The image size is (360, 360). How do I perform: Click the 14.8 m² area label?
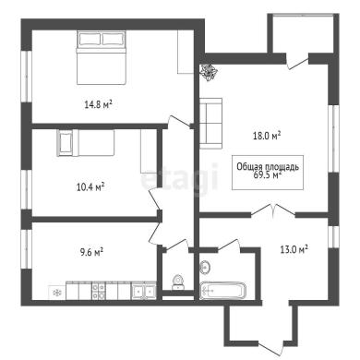tap(98, 105)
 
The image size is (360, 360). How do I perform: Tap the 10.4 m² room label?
tap(90, 186)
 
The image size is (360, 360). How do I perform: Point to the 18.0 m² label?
tap(267, 136)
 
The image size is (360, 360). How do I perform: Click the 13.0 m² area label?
tap(294, 249)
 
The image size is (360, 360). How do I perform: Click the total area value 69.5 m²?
tap(268, 175)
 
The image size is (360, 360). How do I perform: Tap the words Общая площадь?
tap(268, 167)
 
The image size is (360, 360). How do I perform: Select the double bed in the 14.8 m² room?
tap(102, 57)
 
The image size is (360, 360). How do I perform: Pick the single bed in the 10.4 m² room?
tap(86, 143)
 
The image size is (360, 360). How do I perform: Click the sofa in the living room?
tap(211, 123)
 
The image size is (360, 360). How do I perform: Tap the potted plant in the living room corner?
tap(210, 73)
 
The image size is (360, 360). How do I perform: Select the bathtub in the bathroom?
tap(222, 291)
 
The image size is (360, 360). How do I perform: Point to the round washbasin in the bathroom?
tap(205, 267)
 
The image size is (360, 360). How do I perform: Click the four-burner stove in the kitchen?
tap(99, 290)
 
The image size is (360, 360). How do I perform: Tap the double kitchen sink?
tap(143, 291)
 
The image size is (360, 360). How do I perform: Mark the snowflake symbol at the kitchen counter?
tap(57, 293)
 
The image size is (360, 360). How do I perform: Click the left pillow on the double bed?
tap(90, 39)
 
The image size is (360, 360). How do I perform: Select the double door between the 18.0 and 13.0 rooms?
tap(273, 210)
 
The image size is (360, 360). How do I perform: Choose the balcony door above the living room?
tap(297, 62)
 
